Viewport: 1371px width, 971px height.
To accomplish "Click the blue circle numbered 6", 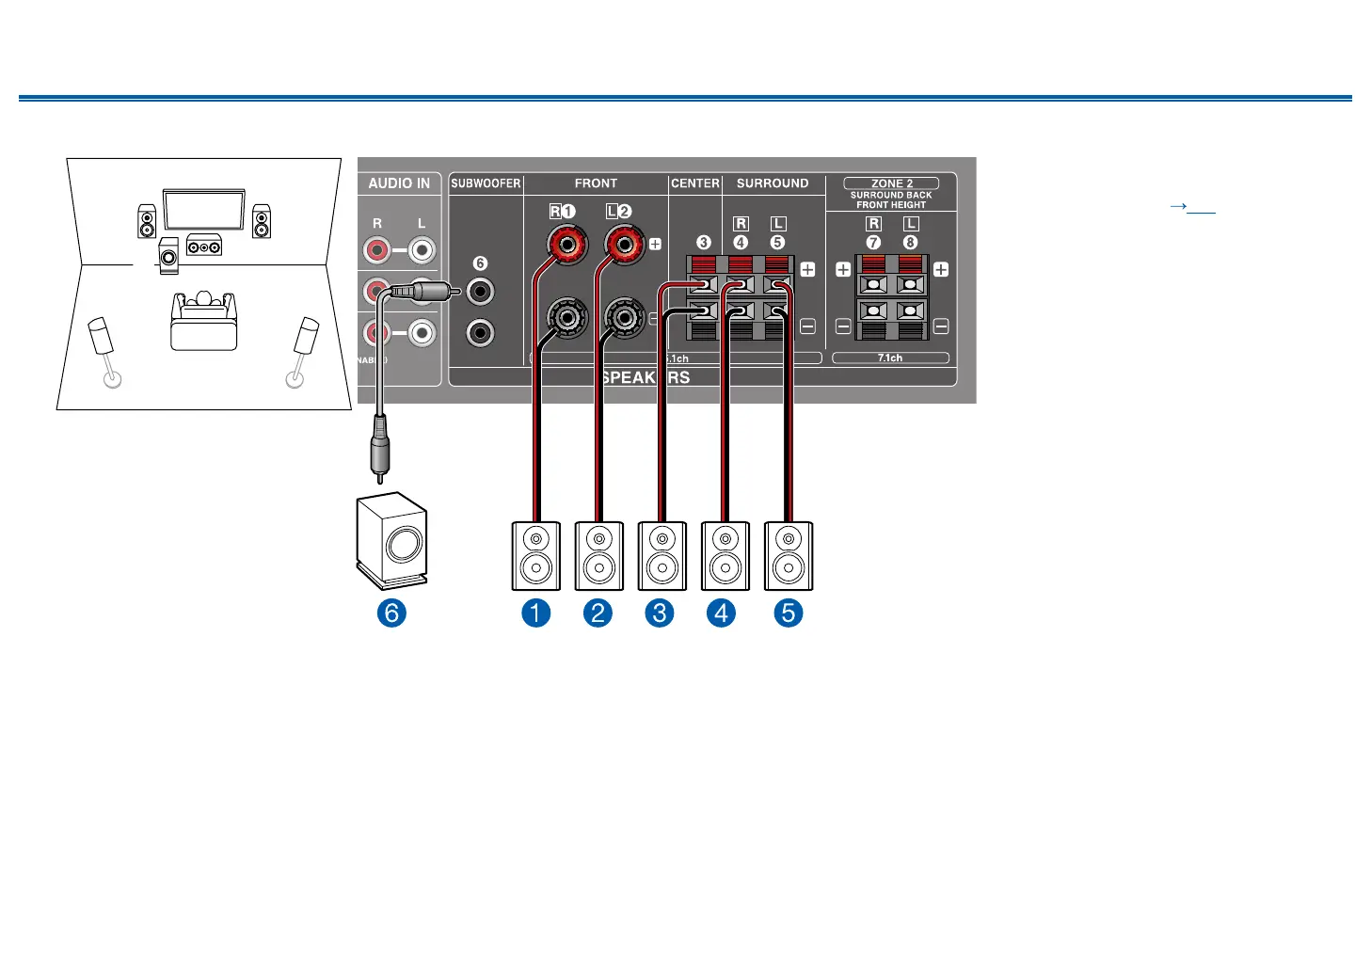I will (x=391, y=613).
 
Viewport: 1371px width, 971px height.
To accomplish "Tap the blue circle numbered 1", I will (x=535, y=613).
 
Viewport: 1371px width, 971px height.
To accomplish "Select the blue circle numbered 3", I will (x=660, y=613).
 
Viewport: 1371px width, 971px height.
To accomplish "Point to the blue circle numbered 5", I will (x=789, y=613).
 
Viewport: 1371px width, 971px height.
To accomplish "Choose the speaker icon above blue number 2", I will (x=598, y=556).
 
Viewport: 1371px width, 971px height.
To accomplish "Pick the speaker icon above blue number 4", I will (x=725, y=556).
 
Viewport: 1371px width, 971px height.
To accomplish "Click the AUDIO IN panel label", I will (x=399, y=183).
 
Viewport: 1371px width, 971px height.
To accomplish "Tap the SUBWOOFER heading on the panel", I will (x=486, y=183).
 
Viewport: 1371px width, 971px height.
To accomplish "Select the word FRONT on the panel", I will (x=596, y=183).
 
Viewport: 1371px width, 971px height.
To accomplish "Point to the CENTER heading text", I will (x=695, y=183).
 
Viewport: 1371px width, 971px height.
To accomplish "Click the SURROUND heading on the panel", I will (x=773, y=183).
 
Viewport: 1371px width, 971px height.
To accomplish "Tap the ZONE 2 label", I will (x=891, y=183).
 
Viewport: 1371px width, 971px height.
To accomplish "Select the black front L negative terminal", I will (x=624, y=319).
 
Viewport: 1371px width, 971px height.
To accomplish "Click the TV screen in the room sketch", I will (x=204, y=210).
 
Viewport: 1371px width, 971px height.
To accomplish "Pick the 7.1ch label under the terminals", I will (x=890, y=358).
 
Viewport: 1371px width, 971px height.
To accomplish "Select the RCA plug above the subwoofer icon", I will (x=379, y=452).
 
